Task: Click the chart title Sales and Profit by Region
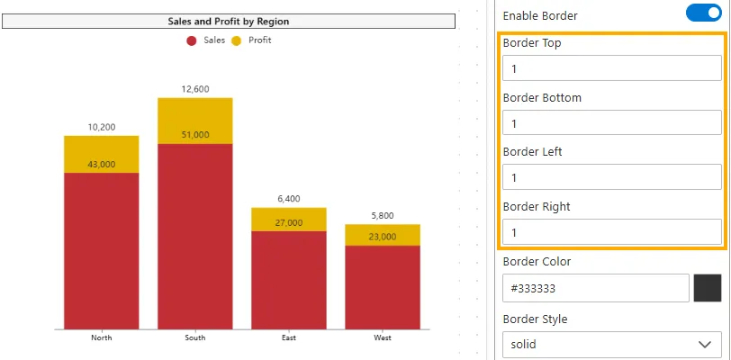229,21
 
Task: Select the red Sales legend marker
192,40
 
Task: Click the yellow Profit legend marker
237,40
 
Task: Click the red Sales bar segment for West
383,288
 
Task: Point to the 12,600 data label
194,89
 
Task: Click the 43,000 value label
101,165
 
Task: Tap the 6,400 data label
288,199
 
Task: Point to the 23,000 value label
383,237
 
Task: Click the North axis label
101,337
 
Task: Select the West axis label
383,337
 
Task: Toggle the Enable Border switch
703,13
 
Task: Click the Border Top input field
611,68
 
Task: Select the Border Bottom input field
611,123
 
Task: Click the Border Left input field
611,177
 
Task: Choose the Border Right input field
611,232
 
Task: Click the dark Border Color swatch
708,288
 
